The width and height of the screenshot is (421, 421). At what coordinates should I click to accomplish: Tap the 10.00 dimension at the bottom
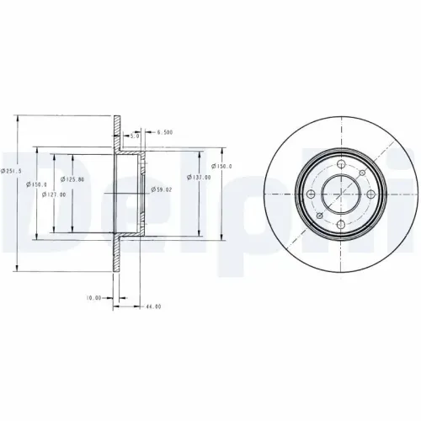93,298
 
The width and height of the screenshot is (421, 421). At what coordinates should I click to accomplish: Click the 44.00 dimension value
152,306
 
